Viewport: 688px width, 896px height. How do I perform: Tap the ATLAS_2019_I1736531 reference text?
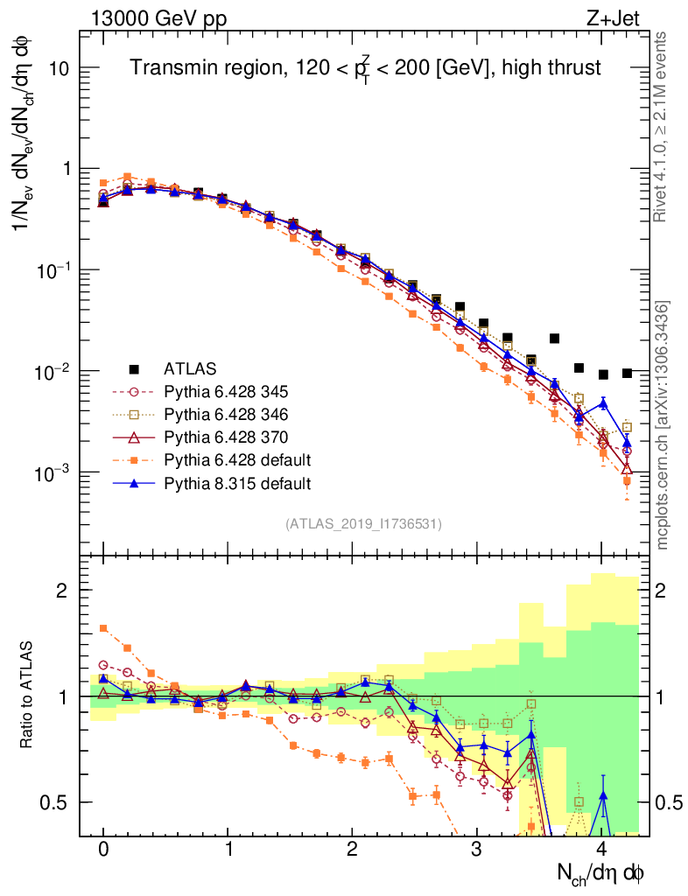363,524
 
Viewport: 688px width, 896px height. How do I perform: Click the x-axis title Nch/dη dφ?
603,871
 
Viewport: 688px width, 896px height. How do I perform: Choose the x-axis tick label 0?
103,850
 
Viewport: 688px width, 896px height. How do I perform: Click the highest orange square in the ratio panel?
103,628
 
